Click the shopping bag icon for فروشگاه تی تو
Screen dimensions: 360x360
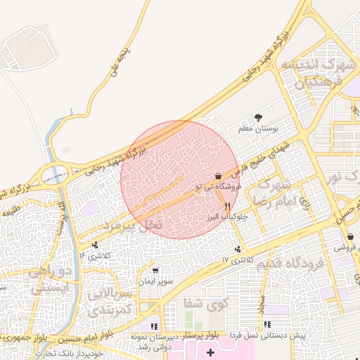[x=218, y=176]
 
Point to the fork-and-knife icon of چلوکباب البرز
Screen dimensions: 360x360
[x=227, y=207]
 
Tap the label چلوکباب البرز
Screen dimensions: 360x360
[x=227, y=218]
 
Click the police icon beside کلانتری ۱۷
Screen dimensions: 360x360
[x=240, y=249]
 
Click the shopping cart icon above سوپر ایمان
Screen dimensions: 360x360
[x=155, y=270]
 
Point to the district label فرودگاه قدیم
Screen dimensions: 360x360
[x=289, y=264]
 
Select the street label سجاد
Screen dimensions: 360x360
[x=258, y=305]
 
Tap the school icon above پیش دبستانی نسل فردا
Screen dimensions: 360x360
[x=267, y=324]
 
